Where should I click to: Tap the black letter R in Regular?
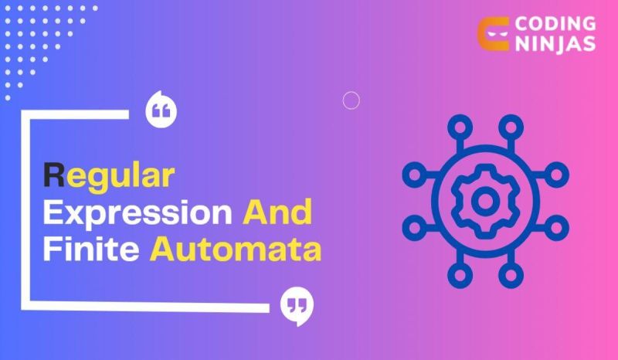click(53, 174)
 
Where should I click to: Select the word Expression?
click(138, 212)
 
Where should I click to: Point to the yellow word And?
click(277, 212)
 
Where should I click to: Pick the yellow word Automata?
click(235, 249)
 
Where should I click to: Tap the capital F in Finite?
click(50, 249)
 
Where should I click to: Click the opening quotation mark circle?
click(161, 111)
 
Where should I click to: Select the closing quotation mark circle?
click(297, 307)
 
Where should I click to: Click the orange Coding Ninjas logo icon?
click(491, 33)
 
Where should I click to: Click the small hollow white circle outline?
click(351, 100)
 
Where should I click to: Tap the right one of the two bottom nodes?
click(509, 277)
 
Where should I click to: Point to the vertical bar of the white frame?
click(25, 209)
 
